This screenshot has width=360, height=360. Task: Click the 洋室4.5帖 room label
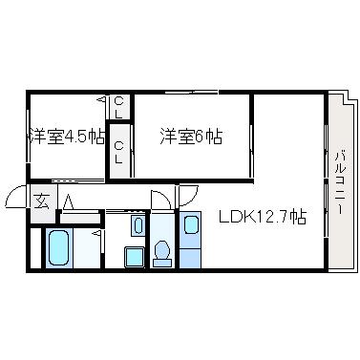67,137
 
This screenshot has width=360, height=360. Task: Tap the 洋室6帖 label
191,137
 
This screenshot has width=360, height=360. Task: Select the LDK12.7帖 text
263,217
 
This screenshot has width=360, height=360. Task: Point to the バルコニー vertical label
340,183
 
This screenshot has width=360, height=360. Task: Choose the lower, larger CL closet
119,151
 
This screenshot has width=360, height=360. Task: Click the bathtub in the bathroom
58,247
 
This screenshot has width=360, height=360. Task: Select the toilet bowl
161,250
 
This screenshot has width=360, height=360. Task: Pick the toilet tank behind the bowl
162,263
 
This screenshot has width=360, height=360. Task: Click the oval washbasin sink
138,225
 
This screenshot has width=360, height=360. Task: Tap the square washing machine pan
134,257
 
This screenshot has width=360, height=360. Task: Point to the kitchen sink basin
191,224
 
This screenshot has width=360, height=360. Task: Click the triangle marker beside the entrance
68,202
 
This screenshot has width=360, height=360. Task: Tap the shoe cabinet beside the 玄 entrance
80,219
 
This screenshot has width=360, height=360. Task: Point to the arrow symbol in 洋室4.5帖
102,100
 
